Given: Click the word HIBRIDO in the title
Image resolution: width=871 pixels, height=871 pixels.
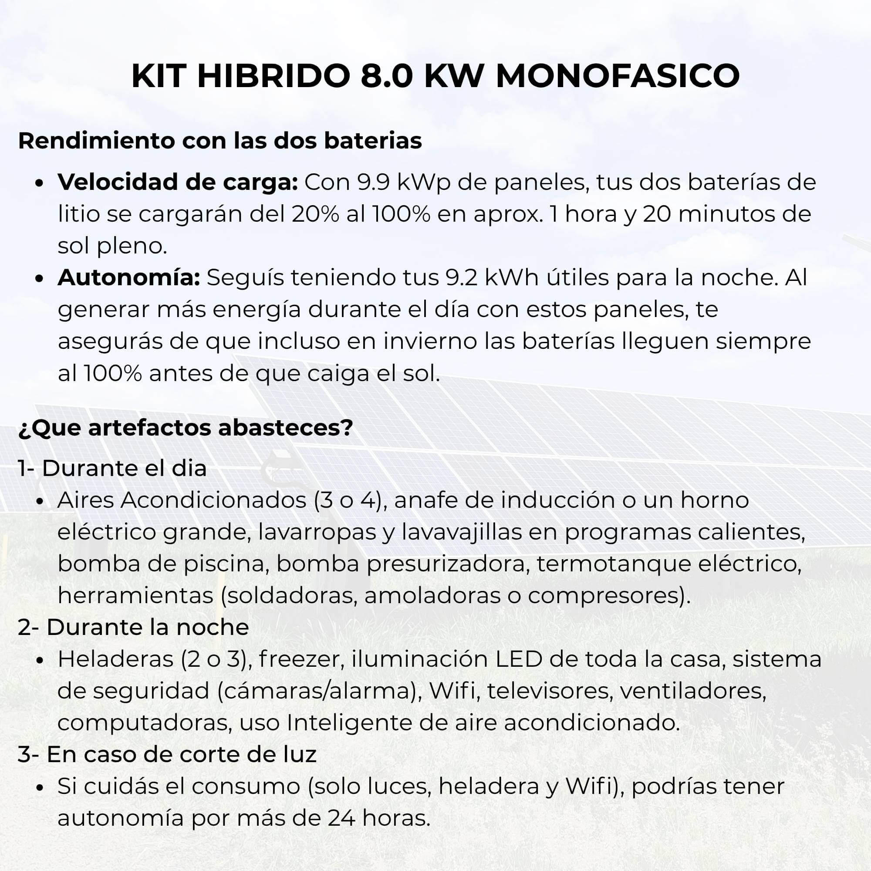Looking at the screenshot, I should [273, 76].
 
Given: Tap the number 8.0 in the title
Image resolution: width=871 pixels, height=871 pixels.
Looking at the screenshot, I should [386, 76].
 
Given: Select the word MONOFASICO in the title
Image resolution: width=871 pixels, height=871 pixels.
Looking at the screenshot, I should [618, 76].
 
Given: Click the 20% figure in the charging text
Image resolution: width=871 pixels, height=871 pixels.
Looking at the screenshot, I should [315, 214].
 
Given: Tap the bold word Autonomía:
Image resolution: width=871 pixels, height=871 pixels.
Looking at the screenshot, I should [129, 278].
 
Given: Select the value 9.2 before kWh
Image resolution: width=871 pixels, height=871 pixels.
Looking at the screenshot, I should [461, 278].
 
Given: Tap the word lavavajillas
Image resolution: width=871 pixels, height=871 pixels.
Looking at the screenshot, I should [462, 532].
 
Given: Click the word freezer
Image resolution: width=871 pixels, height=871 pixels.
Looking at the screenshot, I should [300, 659].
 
